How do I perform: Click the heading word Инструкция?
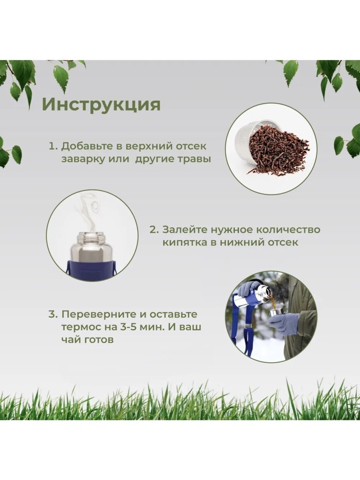[x=101, y=104]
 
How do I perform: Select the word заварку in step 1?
[x=83, y=159]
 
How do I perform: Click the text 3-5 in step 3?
[x=129, y=327]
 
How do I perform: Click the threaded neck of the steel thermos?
[x=92, y=237]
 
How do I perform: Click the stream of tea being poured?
[x=273, y=301]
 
